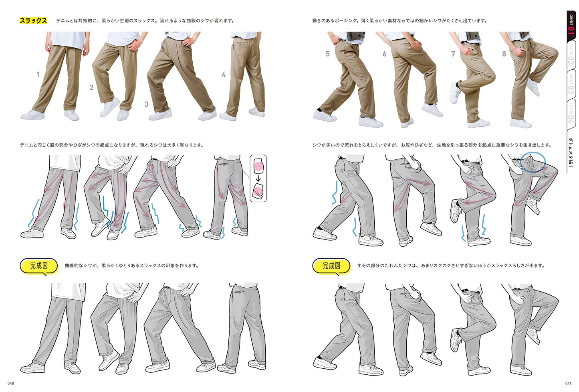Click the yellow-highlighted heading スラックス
[33, 20]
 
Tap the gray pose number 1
[38, 75]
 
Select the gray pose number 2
[91, 87]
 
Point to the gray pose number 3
[147, 104]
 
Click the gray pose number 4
[224, 75]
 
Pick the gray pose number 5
[328, 54]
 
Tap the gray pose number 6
[384, 54]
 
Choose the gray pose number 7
[453, 54]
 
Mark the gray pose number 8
[504, 54]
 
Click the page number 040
[10, 383]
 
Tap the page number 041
[568, 383]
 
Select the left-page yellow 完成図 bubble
[39, 266]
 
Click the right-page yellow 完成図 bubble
[331, 266]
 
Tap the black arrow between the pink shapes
[258, 178]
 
